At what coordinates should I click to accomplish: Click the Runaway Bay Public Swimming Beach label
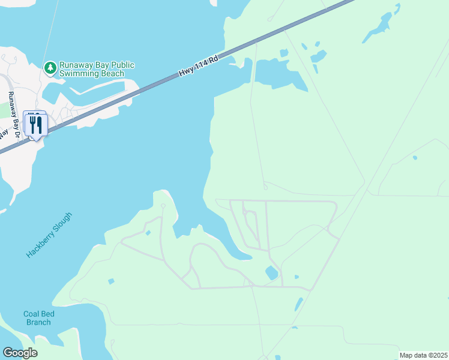click(96, 69)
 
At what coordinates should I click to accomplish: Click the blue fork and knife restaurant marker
click(36, 125)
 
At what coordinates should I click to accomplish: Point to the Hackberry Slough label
click(49, 235)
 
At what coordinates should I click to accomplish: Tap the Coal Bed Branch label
click(37, 318)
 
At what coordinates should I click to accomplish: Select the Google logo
click(20, 353)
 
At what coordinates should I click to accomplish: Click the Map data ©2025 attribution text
click(423, 355)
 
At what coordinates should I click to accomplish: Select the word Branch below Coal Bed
click(37, 322)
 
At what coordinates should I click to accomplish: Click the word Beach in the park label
click(112, 74)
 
